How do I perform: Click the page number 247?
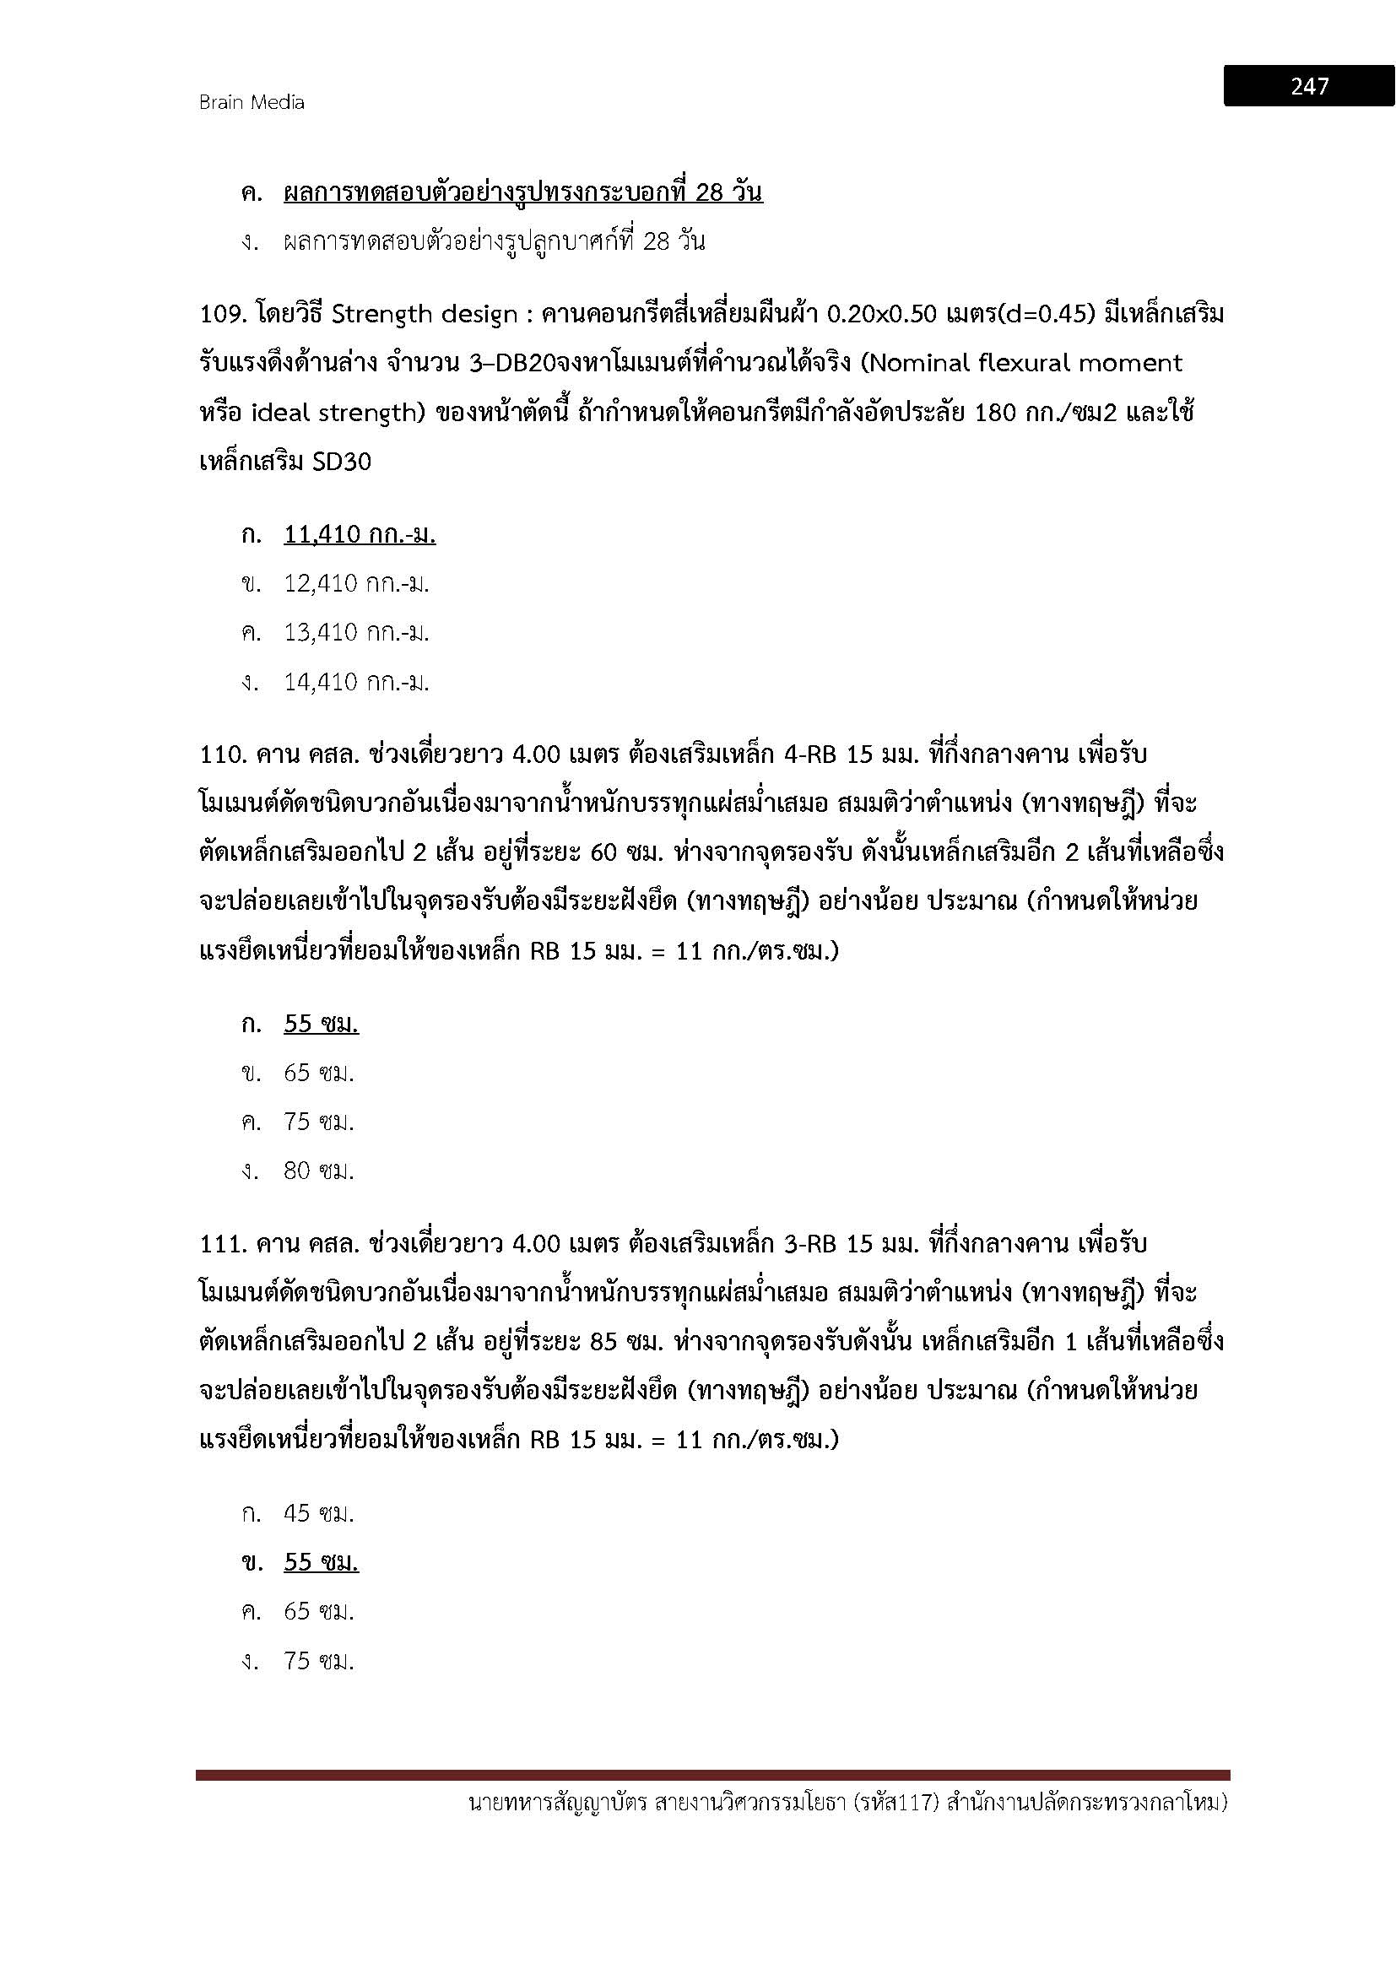[1308, 86]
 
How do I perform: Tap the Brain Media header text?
[251, 102]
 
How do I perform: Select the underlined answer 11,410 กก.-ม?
[360, 535]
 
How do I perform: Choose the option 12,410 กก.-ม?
[356, 584]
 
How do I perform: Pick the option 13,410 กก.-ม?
[356, 633]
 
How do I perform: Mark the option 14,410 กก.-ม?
[356, 683]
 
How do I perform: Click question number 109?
[223, 315]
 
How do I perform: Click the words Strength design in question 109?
[424, 315]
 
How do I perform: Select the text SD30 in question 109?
[341, 462]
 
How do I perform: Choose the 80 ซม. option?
[319, 1171]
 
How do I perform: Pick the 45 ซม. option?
[319, 1513]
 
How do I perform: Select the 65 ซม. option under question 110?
[319, 1073]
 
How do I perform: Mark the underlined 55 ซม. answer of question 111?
[321, 1562]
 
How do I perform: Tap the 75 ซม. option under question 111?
[319, 1661]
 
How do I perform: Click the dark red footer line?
[712, 1775]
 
